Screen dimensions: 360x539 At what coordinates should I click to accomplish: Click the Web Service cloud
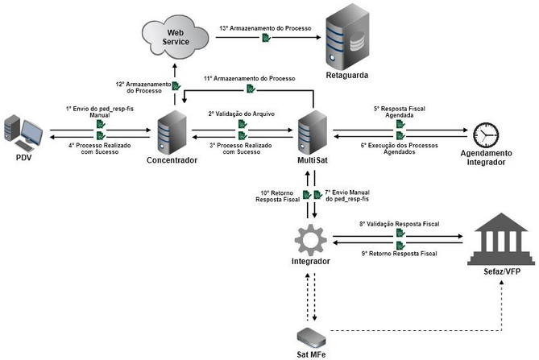pyautogui.click(x=174, y=36)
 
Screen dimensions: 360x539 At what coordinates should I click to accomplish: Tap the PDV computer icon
pyautogui.click(x=23, y=133)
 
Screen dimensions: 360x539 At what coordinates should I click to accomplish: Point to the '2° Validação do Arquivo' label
pyautogui.click(x=242, y=114)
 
